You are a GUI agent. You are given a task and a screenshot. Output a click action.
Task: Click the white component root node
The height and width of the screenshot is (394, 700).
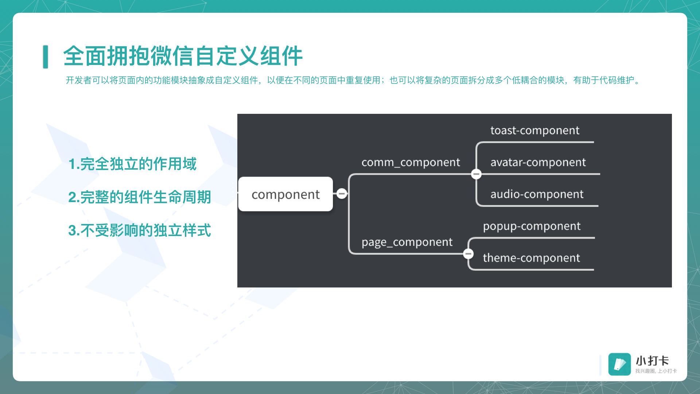285,194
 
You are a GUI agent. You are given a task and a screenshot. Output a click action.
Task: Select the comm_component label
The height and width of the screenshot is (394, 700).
411,162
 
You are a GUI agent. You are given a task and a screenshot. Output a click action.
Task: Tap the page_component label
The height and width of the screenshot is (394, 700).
407,242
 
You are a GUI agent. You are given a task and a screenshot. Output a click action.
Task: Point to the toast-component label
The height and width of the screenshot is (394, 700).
534,130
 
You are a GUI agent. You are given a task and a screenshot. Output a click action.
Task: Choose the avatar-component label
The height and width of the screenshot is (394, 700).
538,162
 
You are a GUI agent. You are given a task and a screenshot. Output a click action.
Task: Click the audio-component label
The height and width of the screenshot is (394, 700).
537,194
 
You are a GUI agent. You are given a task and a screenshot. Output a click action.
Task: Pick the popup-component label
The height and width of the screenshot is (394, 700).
532,227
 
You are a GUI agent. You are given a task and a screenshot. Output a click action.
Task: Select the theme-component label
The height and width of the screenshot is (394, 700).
531,258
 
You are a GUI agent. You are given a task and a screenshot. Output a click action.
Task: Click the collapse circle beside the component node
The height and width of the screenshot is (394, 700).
342,193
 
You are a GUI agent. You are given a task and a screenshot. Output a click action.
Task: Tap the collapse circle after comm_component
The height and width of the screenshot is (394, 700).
476,174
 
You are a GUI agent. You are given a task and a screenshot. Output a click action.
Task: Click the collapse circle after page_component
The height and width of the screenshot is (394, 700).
468,254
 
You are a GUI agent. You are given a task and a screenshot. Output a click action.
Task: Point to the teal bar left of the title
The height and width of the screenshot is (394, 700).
46,57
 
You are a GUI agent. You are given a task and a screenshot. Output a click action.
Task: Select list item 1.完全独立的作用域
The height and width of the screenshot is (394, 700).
132,164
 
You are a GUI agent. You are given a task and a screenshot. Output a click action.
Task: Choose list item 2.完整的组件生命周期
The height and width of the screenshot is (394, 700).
140,197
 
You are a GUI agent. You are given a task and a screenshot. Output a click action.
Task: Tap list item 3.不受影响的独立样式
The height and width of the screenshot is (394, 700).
140,230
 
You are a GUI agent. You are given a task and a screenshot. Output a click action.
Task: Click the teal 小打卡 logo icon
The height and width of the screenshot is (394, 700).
619,364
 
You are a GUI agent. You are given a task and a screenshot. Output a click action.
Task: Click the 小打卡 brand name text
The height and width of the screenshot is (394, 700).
652,361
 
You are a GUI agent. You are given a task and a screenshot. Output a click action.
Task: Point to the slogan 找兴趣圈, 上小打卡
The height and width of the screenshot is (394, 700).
656,371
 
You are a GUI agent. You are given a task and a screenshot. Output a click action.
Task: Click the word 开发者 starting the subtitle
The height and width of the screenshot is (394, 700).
79,80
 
